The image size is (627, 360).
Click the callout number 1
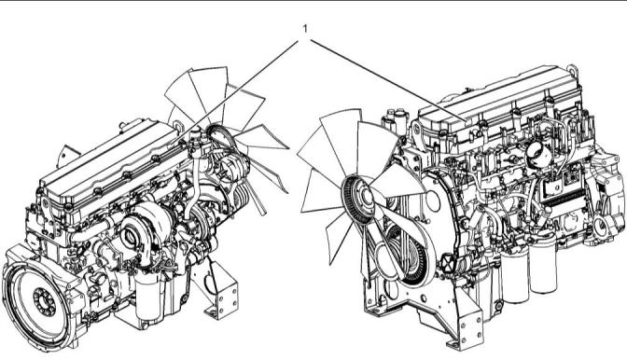305,29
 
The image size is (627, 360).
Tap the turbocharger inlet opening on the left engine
131,237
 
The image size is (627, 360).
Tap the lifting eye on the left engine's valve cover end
178,127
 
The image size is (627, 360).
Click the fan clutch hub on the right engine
366,196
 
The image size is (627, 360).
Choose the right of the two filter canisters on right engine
543,266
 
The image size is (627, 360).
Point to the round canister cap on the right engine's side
538,153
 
